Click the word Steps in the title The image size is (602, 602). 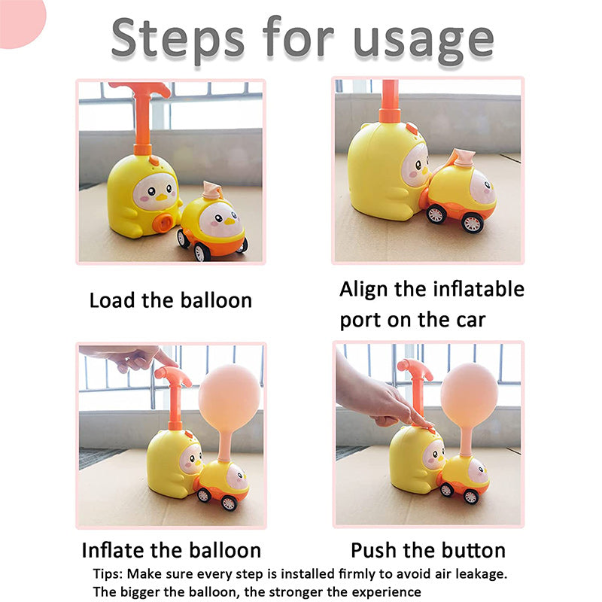coord(178,38)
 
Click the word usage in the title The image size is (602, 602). coord(423,41)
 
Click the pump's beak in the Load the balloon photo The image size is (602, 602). coord(163,197)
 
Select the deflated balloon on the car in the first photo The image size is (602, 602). coord(213,190)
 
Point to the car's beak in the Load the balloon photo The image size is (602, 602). coord(230,221)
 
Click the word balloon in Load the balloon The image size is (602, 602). coord(216,300)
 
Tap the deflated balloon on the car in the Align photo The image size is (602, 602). coord(463,158)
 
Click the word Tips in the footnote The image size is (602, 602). coord(108,574)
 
